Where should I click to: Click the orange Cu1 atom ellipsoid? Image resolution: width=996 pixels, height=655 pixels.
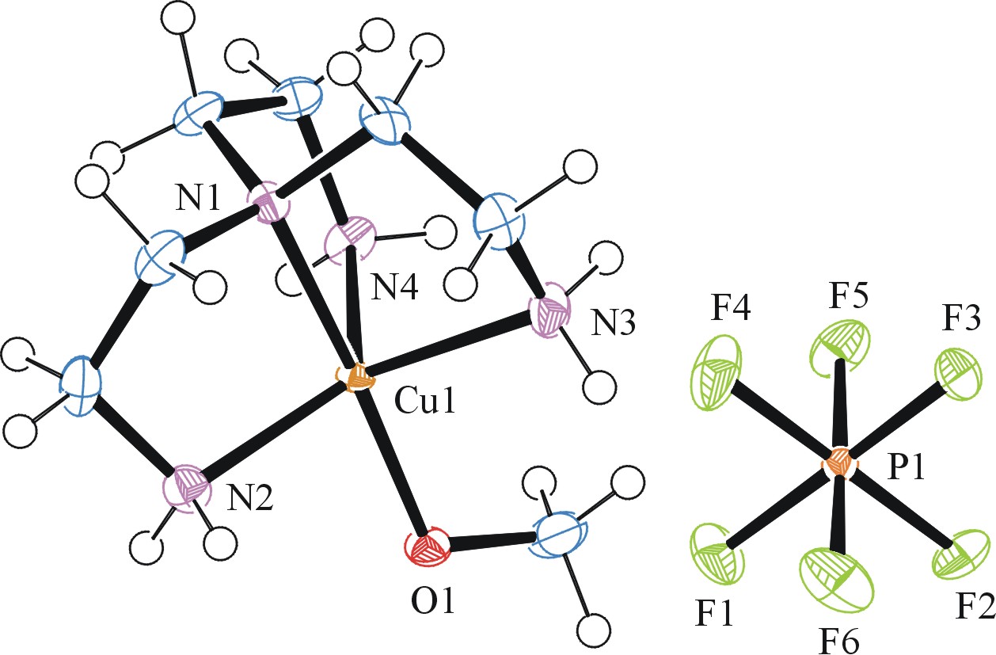pyautogui.click(x=359, y=378)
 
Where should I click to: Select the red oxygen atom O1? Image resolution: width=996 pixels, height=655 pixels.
pyautogui.click(x=428, y=546)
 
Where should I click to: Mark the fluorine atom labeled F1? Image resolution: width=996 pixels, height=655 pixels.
pyautogui.click(x=717, y=554)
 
